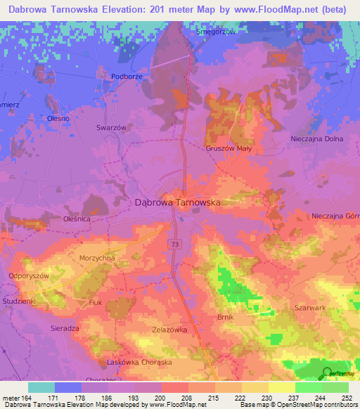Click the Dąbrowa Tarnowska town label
tap(177, 202)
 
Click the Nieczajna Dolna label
tap(316, 139)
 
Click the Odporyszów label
tap(29, 276)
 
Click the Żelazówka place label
tap(168, 329)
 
